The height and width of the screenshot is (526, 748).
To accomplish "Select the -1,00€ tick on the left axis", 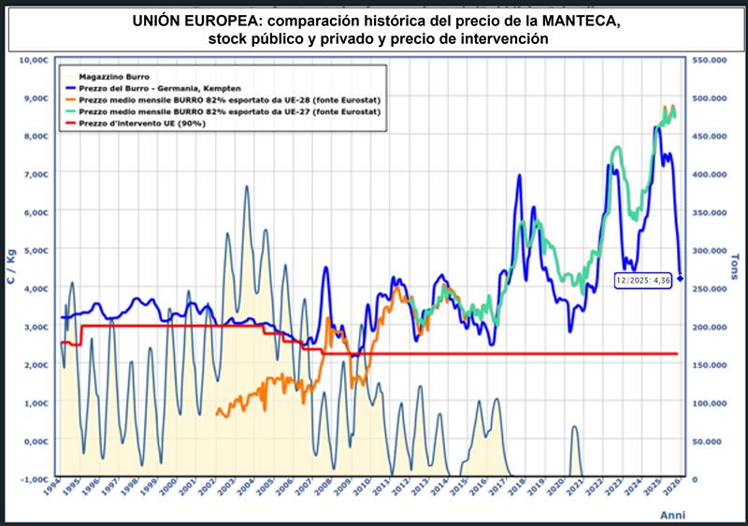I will pyautogui.click(x=34, y=479).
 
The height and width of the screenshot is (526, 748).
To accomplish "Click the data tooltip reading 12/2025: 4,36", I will pyautogui.click(x=643, y=279).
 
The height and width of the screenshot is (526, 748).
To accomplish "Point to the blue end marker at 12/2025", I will pyautogui.click(x=681, y=278).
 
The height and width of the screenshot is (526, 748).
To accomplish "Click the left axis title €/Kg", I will pyautogui.click(x=11, y=270).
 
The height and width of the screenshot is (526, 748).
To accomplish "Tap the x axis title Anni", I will pyautogui.click(x=672, y=516).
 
